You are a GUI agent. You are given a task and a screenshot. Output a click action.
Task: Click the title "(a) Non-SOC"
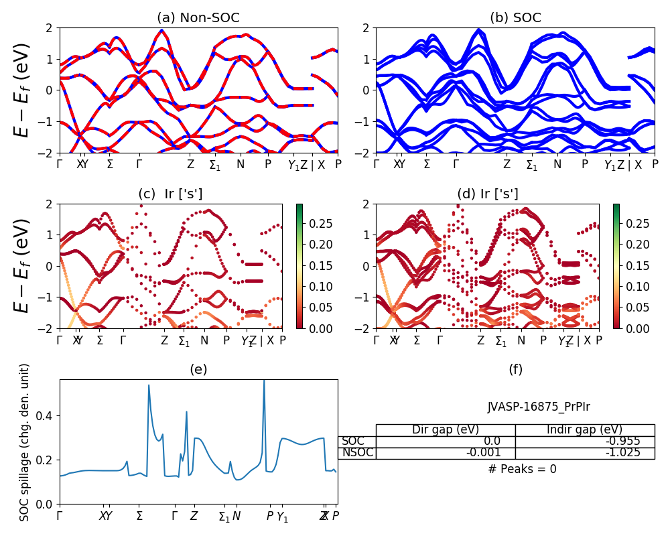(198, 18)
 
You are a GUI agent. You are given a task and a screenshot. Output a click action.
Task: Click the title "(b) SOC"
(515, 18)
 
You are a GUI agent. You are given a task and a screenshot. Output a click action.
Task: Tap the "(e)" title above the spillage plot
(198, 369)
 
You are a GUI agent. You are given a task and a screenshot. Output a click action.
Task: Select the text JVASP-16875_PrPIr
(539, 406)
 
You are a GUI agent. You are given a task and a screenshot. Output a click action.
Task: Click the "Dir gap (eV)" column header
(446, 430)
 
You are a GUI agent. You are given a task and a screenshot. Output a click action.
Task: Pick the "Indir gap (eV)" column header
(585, 430)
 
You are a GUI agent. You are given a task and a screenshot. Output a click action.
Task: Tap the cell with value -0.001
(492, 453)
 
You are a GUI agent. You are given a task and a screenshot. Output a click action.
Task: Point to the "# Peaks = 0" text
(522, 469)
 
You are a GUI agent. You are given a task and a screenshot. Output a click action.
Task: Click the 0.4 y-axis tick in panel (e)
(46, 416)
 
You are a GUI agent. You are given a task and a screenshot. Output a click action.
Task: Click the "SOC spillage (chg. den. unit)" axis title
(25, 442)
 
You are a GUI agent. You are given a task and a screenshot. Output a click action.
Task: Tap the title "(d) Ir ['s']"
(487, 194)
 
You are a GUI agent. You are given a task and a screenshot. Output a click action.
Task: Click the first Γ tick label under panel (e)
(60, 516)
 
